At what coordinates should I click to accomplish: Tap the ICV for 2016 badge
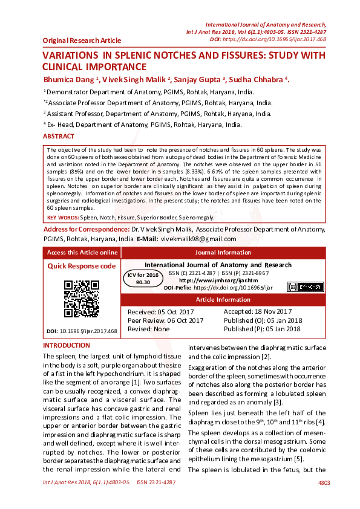pos(143,278)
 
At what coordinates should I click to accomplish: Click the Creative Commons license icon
pos(300,287)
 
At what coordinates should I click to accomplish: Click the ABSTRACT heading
pos(59,137)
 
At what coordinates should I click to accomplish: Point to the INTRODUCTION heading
pos(66,346)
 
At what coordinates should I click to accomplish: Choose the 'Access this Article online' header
pos(82,253)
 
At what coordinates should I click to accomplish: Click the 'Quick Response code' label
pos(81,266)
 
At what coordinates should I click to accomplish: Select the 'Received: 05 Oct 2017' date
pos(160,311)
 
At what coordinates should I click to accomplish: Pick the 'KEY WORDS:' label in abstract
pos(63,217)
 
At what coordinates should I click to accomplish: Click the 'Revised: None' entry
pos(149,329)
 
